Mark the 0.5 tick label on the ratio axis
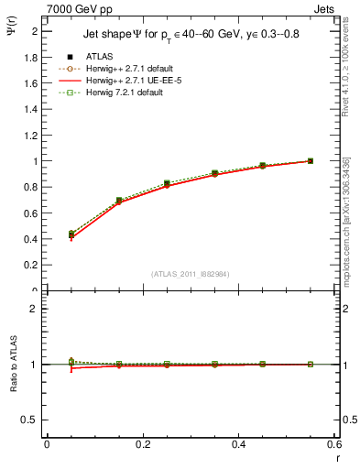(x=30, y=420)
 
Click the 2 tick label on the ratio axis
(x=34, y=309)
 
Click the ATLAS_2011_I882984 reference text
(x=190, y=274)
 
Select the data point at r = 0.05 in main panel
(x=71, y=234)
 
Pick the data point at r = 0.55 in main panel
(x=310, y=161)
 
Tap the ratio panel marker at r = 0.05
(x=71, y=363)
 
